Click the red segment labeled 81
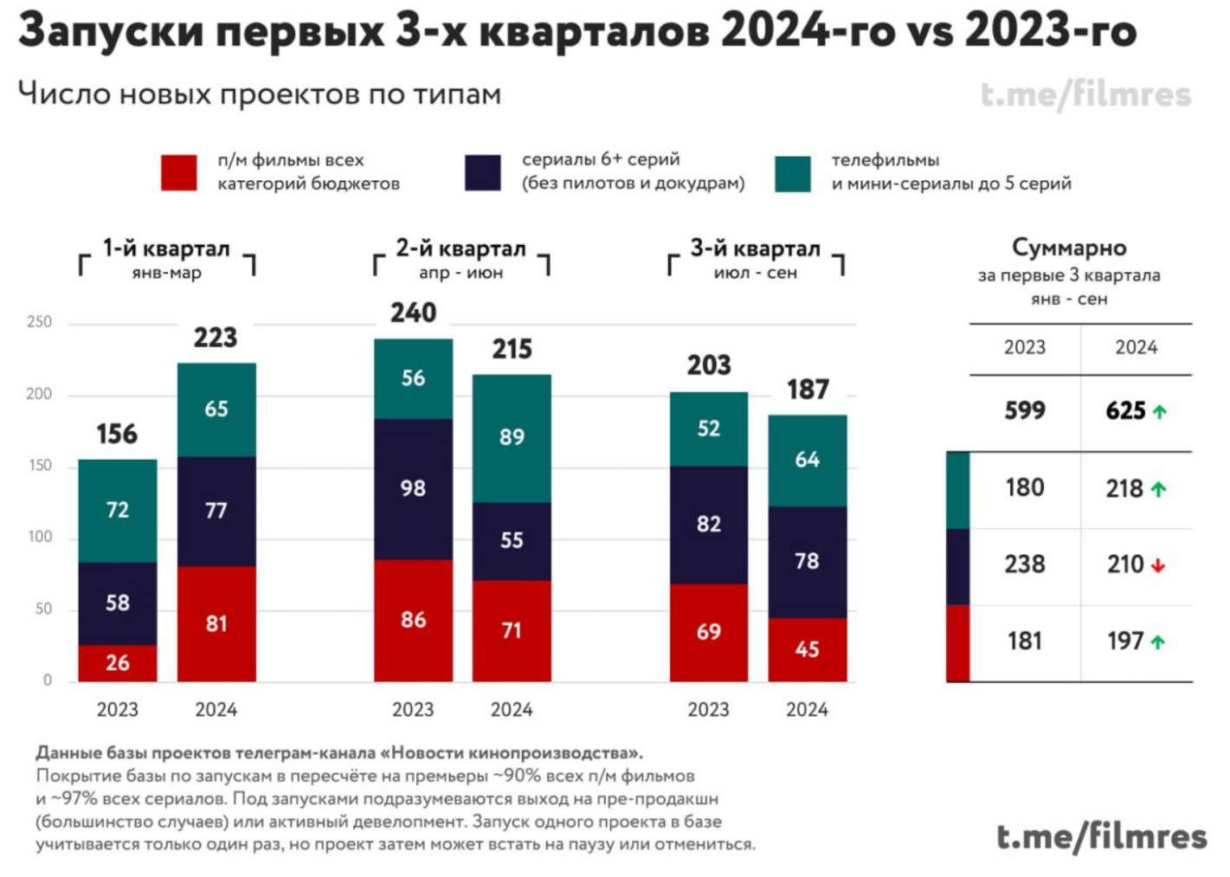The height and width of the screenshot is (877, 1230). click(x=216, y=623)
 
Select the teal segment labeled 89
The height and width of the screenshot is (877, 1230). click(x=512, y=437)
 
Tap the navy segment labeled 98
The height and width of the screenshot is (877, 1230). click(x=413, y=488)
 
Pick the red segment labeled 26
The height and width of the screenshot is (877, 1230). click(x=118, y=663)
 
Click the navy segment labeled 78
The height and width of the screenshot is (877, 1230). click(x=807, y=561)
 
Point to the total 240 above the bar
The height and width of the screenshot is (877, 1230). click(x=413, y=313)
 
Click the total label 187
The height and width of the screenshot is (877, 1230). click(x=808, y=390)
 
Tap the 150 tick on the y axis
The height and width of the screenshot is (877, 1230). click(x=40, y=466)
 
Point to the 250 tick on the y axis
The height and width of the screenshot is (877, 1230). click(x=40, y=322)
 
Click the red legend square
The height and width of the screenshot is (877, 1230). click(x=179, y=172)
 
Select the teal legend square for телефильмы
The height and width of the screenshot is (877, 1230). click(x=793, y=173)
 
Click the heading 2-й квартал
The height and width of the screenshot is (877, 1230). click(x=460, y=248)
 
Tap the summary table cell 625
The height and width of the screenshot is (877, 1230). click(x=1125, y=411)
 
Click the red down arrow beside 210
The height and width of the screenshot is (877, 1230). click(x=1158, y=565)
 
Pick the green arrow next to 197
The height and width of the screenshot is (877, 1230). click(x=1158, y=642)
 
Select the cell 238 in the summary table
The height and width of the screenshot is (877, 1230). click(x=1025, y=564)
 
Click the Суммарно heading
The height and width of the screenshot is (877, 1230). click(x=1069, y=248)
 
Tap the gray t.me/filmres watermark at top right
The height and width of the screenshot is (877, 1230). click(x=1086, y=94)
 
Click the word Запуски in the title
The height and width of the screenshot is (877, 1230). click(x=111, y=30)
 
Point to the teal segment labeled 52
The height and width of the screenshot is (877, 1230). click(x=708, y=429)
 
